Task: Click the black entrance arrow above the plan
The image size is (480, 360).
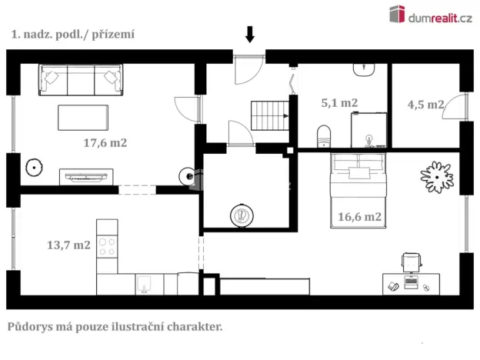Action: pos(249,34)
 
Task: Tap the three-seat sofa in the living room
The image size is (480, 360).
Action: pos(82,79)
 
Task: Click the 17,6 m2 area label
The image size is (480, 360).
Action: pos(105,142)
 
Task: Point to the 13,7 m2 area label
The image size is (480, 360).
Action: pos(68,245)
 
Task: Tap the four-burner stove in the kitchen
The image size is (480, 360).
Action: pos(107,248)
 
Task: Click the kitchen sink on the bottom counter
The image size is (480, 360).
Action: pos(145,285)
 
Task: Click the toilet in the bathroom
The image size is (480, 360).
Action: pos(324,135)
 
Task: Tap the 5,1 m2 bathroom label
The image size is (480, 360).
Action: pos(339,102)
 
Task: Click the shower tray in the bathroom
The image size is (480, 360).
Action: pos(368,129)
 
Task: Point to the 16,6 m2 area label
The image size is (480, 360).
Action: pos(360,217)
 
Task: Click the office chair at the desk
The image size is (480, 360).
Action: pos(412,263)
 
